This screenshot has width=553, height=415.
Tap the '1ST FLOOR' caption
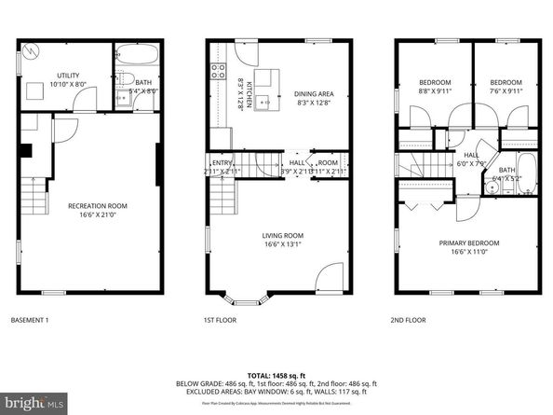click(x=222, y=320)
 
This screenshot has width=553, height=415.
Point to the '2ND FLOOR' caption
click(x=409, y=320)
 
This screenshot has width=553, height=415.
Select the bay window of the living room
click(x=246, y=299)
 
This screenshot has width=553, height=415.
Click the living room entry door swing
click(x=330, y=277)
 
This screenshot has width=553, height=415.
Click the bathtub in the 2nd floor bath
click(x=526, y=171)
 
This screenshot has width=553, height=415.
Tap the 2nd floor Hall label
click(x=471, y=159)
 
